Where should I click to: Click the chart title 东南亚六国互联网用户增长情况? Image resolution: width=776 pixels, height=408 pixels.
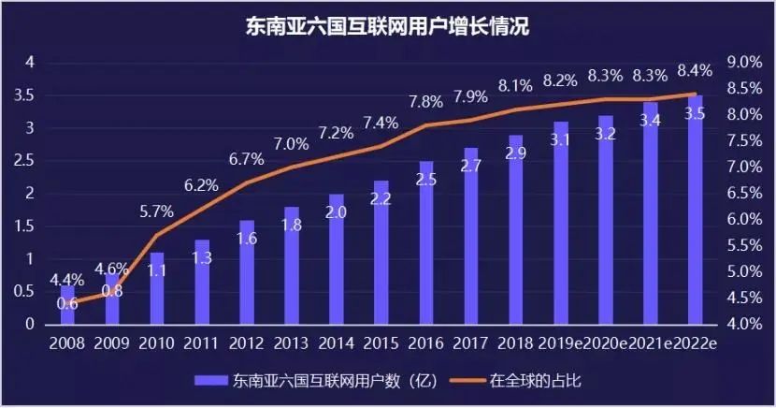point(387,26)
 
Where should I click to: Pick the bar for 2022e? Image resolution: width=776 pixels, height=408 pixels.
point(695,211)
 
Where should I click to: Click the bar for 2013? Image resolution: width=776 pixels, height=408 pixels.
point(292,266)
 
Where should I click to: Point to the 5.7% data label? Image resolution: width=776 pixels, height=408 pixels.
point(157,211)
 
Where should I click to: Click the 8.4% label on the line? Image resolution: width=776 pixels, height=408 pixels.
point(695,69)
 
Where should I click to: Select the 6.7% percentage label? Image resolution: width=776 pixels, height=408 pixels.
point(247,159)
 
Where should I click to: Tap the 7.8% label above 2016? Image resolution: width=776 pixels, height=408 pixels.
point(425,101)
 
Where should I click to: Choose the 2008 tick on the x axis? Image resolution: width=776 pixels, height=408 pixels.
point(67,343)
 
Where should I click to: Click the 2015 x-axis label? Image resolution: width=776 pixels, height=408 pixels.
point(381,343)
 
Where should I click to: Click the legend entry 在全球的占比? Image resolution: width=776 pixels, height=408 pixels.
point(525,381)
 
